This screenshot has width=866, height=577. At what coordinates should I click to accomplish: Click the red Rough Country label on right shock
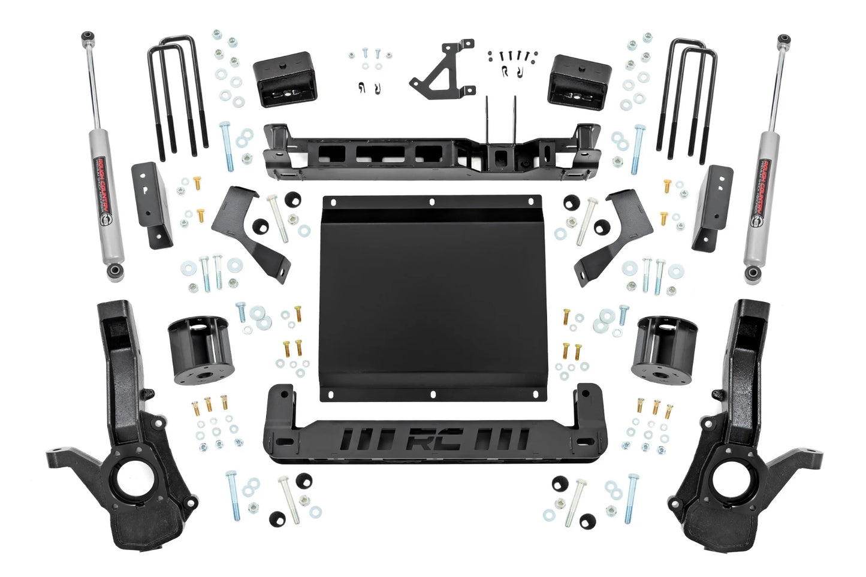click(x=764, y=186)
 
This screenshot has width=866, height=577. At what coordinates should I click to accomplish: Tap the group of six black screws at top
click(x=511, y=55)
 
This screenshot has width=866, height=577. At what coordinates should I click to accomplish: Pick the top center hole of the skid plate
click(x=431, y=203)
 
